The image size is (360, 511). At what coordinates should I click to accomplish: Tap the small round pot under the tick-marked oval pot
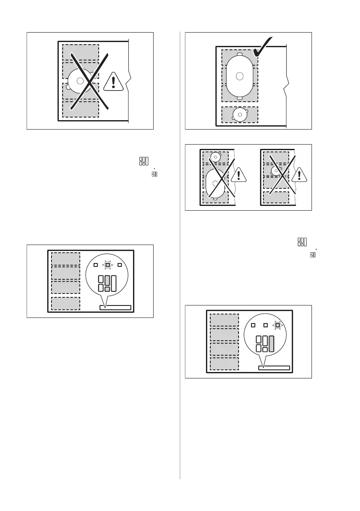tap(239, 114)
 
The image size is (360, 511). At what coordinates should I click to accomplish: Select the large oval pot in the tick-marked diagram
tap(239, 76)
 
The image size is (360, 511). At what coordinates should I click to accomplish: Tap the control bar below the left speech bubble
tap(115, 307)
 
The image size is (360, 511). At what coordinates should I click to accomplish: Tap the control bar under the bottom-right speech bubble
tap(274, 368)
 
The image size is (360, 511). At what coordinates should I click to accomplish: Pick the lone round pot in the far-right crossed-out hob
tap(276, 171)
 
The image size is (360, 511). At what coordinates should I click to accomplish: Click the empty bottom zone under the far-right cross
tap(276, 198)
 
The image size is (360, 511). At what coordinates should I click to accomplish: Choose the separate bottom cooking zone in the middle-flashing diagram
tap(65, 303)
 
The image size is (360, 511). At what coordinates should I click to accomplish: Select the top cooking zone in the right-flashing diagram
tap(224, 320)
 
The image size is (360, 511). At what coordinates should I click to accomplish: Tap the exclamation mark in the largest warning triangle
tap(113, 82)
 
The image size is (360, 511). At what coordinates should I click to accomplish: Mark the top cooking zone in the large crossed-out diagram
tap(80, 52)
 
